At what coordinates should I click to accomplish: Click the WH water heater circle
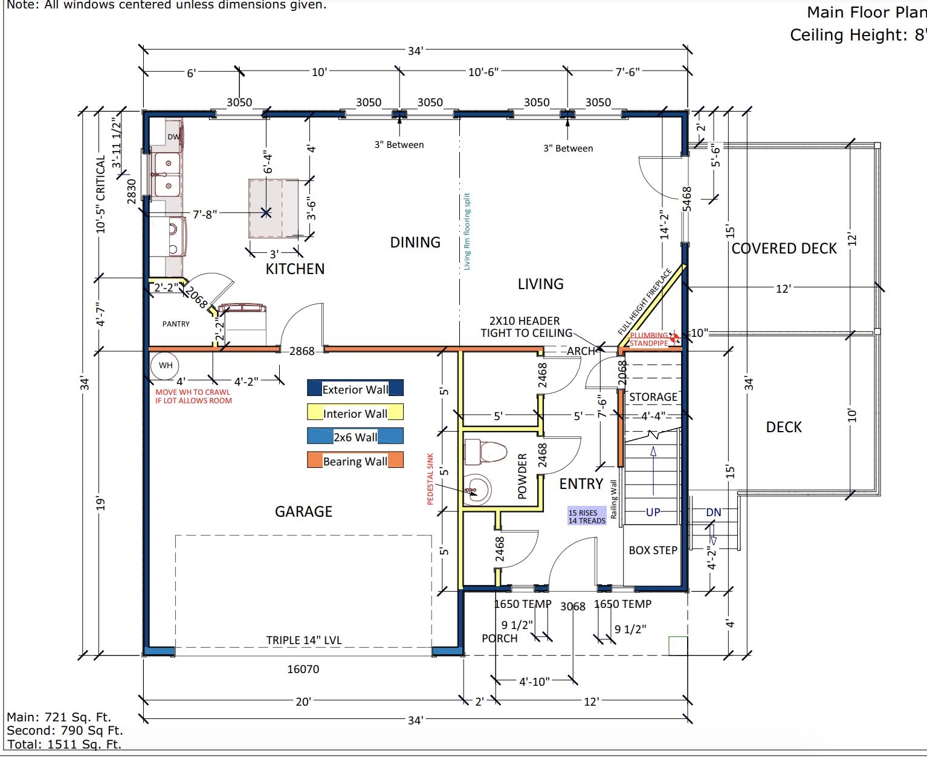[165, 365]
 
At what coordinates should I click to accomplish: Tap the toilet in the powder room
[486, 452]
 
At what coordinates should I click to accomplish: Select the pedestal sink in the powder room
[477, 490]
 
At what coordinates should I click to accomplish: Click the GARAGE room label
[303, 511]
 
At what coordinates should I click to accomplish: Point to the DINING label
[415, 243]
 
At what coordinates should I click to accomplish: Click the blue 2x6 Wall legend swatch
[355, 436]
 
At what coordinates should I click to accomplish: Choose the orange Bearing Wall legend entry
[355, 461]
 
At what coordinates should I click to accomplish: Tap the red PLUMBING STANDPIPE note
[649, 339]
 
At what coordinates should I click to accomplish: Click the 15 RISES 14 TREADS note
[587, 516]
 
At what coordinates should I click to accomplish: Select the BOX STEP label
[653, 551]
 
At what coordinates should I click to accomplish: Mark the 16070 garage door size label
[303, 669]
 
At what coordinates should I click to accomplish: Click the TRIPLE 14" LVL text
[304, 640]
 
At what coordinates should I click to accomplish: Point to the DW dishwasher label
[173, 136]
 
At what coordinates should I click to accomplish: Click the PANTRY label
[176, 324]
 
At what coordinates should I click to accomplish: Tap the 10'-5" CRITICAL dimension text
[101, 194]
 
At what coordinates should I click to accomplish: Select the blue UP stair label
[653, 512]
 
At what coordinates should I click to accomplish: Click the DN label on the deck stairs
[714, 513]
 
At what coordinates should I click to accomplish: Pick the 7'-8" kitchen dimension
[205, 214]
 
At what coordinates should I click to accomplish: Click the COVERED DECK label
[784, 249]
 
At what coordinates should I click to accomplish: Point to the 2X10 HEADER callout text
[526, 327]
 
